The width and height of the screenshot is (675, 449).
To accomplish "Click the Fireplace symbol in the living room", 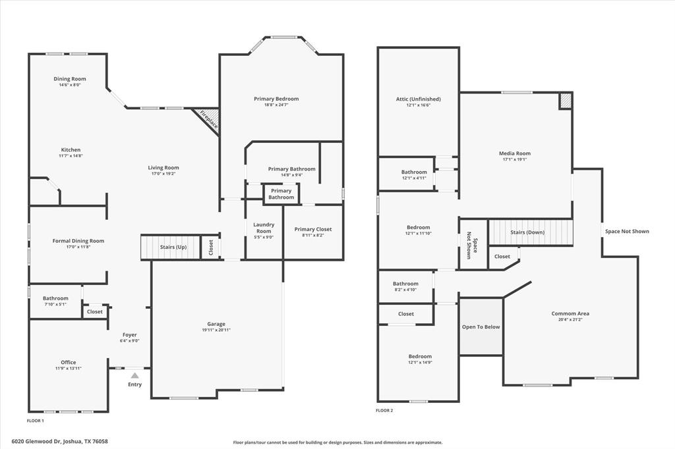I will [x=208, y=121].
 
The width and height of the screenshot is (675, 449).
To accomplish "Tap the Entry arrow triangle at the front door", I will [x=134, y=375].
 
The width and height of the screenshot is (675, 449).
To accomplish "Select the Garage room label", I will [x=216, y=324].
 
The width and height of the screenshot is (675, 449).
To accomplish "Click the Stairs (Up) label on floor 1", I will [x=173, y=248].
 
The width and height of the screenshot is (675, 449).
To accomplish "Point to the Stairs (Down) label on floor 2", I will [x=527, y=232].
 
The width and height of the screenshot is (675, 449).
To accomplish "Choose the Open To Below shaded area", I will [x=481, y=327].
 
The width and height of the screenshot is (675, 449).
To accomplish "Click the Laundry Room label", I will [x=264, y=228].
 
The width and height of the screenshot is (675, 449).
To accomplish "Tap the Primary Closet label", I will [x=313, y=229].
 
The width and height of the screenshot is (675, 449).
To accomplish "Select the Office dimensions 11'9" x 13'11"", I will [x=69, y=369].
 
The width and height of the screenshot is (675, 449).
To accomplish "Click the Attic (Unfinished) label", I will [x=418, y=99].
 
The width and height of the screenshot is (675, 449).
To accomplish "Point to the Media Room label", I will [x=514, y=153].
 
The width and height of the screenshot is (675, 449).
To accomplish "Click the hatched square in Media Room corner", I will [x=566, y=101].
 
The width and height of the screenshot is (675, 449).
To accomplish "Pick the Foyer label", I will [x=129, y=335].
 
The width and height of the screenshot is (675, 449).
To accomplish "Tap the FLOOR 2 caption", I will [x=384, y=411].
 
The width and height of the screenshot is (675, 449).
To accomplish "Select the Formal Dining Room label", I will [x=78, y=241].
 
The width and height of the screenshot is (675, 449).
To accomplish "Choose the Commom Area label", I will [x=570, y=313].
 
